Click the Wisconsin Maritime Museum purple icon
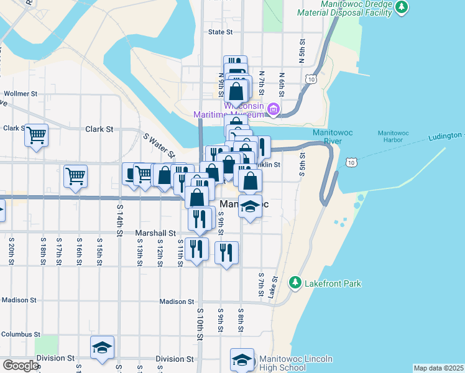click(273, 111)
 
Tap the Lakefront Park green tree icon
click(296, 283)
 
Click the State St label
click(220, 32)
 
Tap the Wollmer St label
click(21, 94)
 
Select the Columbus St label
click(21, 334)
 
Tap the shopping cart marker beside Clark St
click(37, 134)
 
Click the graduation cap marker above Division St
click(102, 348)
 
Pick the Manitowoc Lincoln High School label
click(296, 364)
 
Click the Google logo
click(21, 365)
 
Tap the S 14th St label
click(119, 219)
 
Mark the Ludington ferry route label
click(446, 136)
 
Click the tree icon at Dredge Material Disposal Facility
click(402, 7)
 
